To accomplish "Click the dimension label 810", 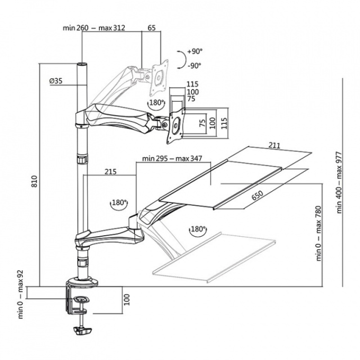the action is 34,181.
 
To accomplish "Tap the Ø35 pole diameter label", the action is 56,81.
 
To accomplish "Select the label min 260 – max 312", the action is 94,28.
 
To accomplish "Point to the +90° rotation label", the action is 195,51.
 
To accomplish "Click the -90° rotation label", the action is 194,66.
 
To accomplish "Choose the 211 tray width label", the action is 274,145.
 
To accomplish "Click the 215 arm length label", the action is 111,172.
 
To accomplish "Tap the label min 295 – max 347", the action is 172,159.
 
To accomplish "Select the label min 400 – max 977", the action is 339,182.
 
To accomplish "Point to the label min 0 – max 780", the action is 319,233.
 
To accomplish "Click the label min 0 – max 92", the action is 21,294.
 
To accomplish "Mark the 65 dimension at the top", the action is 151,28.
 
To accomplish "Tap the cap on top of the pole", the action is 83,64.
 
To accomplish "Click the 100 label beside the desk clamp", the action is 127,299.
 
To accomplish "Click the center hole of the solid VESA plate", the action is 176,126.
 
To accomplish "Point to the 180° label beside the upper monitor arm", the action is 156,102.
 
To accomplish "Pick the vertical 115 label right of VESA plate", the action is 224,123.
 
